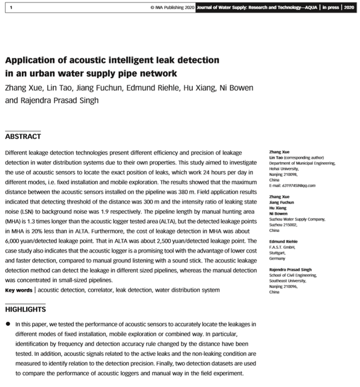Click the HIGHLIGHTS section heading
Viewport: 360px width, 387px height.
point(26,309)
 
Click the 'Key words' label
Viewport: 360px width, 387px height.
point(18,290)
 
